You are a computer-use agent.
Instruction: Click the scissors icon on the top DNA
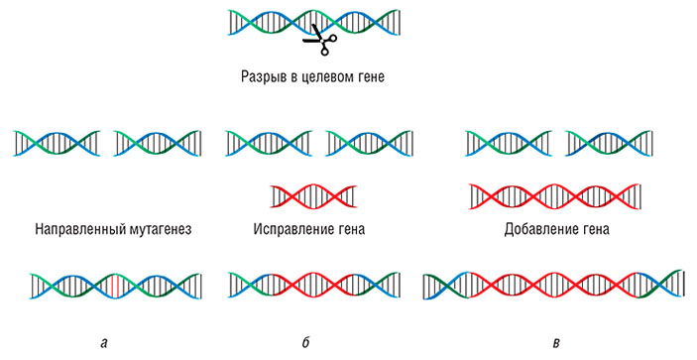click(x=319, y=39)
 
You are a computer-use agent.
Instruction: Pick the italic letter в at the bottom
click(x=557, y=343)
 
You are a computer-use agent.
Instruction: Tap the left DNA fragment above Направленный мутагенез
click(x=58, y=144)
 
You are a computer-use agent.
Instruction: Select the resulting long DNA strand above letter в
click(x=553, y=286)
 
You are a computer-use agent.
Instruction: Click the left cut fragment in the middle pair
click(x=269, y=144)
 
